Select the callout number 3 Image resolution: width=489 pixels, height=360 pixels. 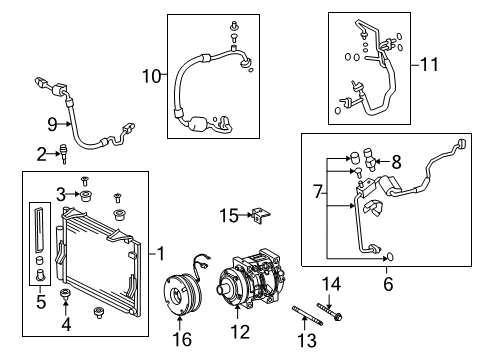(x=60, y=193)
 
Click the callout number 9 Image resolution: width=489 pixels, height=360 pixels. (x=54, y=124)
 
